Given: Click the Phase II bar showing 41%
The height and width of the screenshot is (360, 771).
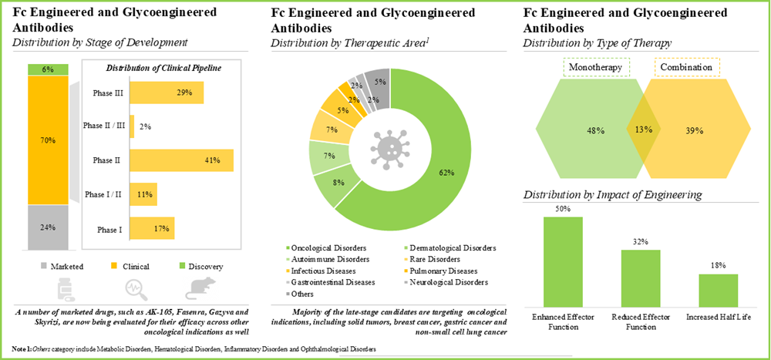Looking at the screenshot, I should (181, 160).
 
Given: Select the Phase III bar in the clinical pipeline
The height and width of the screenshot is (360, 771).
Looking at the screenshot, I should (167, 93).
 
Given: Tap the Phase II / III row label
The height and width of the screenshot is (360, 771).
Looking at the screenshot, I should (103, 126).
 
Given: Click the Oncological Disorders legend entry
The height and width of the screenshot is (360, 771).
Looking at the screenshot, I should (325, 248).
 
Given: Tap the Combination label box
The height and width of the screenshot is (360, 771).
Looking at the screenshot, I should (688, 69).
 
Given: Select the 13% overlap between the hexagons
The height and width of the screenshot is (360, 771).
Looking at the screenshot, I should (641, 129).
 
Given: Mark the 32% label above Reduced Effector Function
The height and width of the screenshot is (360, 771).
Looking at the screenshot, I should (641, 241).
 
